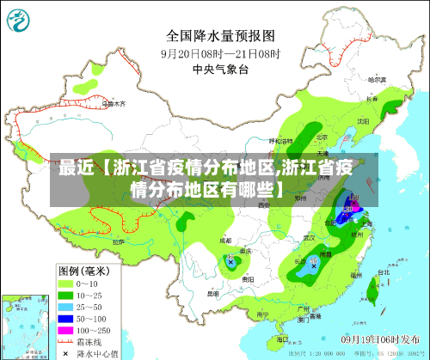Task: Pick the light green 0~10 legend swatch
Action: (x=65, y=283)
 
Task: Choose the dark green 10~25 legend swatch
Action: (x=65, y=295)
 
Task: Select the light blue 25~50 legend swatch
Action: (x=65, y=307)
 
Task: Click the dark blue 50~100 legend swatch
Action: (x=65, y=319)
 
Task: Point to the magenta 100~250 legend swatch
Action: (x=65, y=331)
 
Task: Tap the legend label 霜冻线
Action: (x=89, y=342)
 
